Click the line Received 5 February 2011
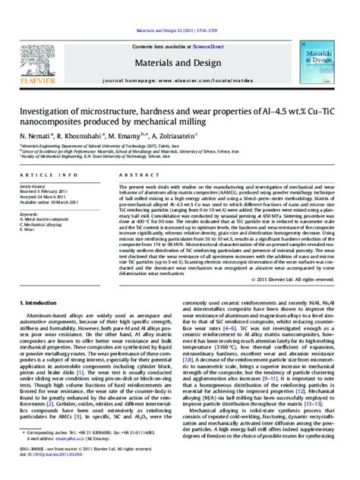42,191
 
